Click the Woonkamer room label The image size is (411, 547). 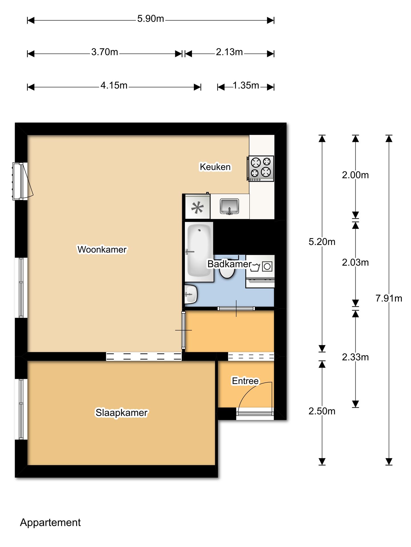pos(102,250)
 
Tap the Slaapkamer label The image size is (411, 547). pos(122,413)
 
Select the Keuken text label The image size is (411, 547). pos(215,167)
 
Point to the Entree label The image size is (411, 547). pos(245,381)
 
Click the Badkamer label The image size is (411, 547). pos(229,264)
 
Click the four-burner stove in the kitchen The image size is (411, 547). pos(261,168)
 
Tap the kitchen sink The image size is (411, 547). pos(229,206)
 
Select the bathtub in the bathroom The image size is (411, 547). pos(199,252)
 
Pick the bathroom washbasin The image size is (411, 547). pos(191,294)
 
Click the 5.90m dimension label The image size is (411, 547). pos(151,19)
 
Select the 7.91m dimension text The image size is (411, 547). pos(389,298)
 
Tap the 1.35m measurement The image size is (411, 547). pos(246,85)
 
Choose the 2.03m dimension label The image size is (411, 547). pos(355,262)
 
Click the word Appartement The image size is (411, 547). pos(50,523)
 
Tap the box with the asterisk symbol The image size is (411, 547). pos(198,207)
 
